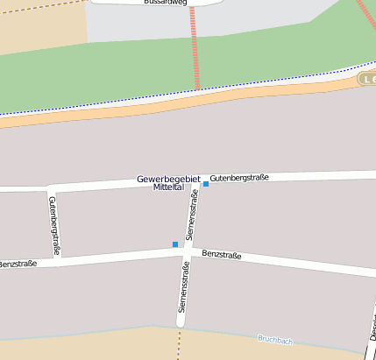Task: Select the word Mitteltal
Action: click(x=167, y=188)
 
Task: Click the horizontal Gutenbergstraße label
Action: click(x=239, y=178)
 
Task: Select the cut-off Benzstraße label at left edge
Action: click(x=18, y=263)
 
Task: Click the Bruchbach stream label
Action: click(x=275, y=338)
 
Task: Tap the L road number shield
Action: click(x=368, y=80)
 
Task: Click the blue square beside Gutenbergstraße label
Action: click(x=206, y=184)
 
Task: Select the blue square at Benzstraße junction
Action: click(x=175, y=244)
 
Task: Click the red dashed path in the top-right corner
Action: click(x=365, y=14)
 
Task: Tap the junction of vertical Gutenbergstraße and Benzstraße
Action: click(x=57, y=259)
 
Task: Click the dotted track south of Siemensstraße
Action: click(x=179, y=343)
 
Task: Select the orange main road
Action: click(x=175, y=101)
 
